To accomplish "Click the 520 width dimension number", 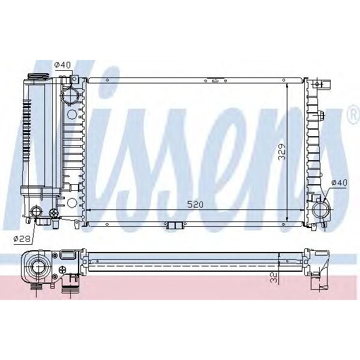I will coord(195,204).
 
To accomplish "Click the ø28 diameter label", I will coord(22,238).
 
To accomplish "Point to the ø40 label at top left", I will coord(63,65).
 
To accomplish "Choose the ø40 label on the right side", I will coord(339,183).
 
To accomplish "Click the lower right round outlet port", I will coord(320,210).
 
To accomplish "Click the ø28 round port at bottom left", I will coord(38,212).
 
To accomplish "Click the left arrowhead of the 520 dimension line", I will coord(89,210).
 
